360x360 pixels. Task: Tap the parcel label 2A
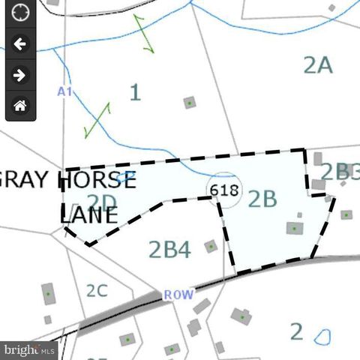pos(317,65)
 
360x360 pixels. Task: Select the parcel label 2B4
pos(169,248)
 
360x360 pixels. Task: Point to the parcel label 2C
pos(97,290)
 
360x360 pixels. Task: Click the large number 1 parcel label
pos(135,93)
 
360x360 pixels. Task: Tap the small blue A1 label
pos(64,91)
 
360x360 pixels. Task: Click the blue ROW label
pos(178,295)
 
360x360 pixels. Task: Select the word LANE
pos(89,215)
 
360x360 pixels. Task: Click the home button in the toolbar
pos(20,105)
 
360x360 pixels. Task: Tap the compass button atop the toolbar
pos(20,13)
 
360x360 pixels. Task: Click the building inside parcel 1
pos(190,102)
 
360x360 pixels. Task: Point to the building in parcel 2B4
pos(211,246)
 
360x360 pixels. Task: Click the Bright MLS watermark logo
pos(28,349)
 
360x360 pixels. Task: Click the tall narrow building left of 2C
pos(49,293)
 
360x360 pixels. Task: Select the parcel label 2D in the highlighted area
pos(103,201)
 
